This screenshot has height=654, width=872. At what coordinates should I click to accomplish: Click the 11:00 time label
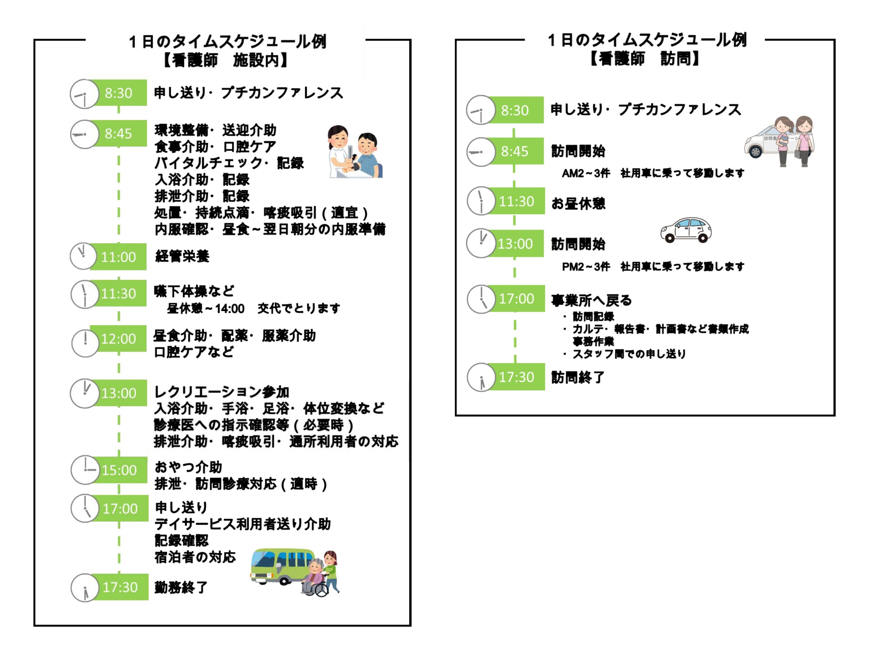click(x=118, y=257)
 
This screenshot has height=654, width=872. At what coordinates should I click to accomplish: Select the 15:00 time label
click(x=119, y=470)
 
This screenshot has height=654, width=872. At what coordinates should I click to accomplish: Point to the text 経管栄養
click(x=182, y=256)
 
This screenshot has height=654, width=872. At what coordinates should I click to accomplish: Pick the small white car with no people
click(x=686, y=230)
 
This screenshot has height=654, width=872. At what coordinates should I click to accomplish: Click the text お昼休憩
click(x=578, y=203)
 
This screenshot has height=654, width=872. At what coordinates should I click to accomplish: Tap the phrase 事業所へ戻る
click(x=591, y=300)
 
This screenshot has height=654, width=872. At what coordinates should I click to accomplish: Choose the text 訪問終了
click(x=577, y=377)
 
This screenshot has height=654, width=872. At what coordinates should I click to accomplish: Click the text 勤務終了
click(x=181, y=587)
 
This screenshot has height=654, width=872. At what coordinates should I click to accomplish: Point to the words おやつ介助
click(x=188, y=467)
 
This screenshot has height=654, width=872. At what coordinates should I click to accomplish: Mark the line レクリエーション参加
click(x=221, y=392)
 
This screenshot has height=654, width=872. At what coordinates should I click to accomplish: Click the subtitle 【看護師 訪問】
click(x=644, y=59)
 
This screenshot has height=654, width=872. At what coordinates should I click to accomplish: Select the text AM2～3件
click(x=586, y=173)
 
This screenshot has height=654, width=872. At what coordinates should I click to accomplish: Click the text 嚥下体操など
click(x=194, y=291)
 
